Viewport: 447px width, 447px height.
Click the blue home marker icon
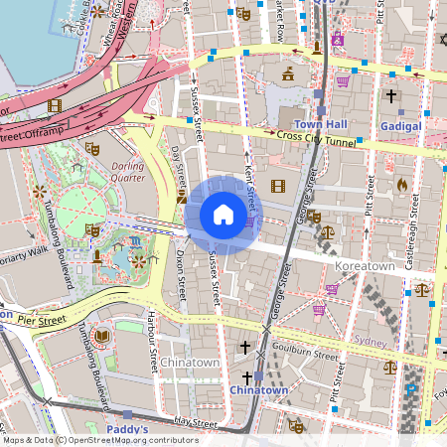point(223,215)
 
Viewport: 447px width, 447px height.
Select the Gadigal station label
point(400,126)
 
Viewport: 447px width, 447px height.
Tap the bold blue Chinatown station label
point(258,390)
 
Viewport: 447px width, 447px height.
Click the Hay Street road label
point(195,421)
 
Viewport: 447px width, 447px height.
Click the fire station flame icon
point(402,185)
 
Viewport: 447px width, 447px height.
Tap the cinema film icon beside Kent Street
point(278,186)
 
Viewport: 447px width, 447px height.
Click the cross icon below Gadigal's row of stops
point(391,96)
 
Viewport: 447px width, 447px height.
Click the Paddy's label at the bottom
point(127,430)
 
